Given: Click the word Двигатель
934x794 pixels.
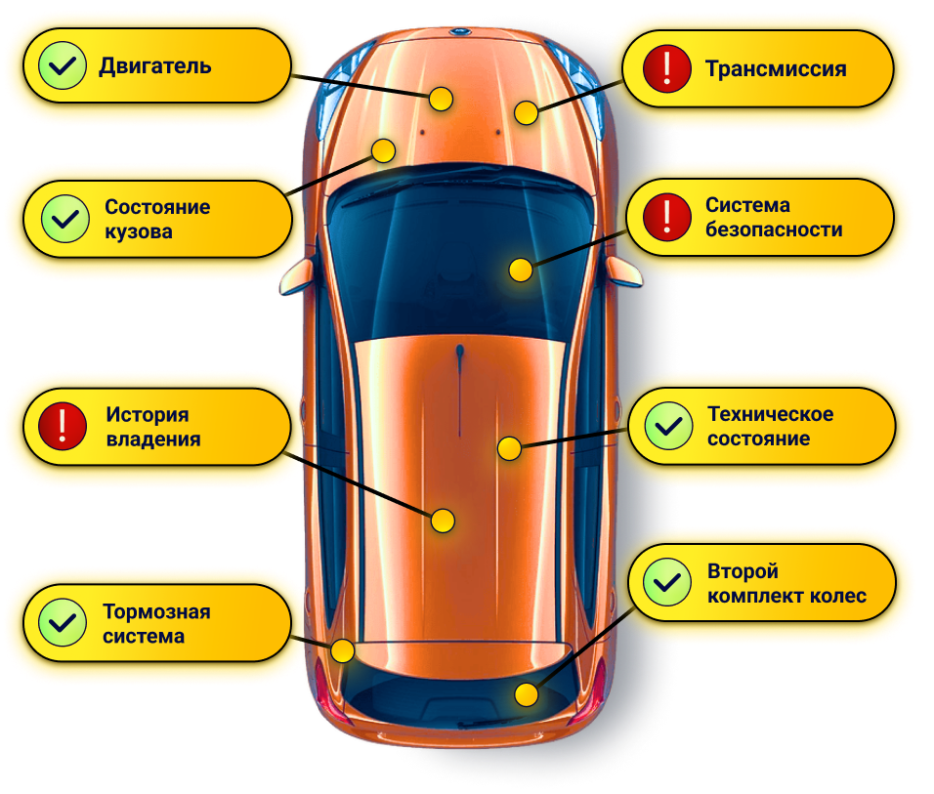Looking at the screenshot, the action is [154, 66].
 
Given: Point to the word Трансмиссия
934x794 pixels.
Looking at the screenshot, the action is [776, 69].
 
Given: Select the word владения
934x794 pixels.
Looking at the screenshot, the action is [153, 439].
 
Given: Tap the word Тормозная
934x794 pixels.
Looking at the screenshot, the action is [156, 612].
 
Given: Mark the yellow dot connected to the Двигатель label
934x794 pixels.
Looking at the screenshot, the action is [441, 99].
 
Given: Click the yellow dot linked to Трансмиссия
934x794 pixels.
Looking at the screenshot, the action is [527, 112].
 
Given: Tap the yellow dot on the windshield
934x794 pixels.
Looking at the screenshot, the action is [521, 271].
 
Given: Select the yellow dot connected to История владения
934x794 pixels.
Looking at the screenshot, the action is [443, 521].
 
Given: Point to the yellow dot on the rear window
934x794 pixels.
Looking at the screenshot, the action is [527, 695].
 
